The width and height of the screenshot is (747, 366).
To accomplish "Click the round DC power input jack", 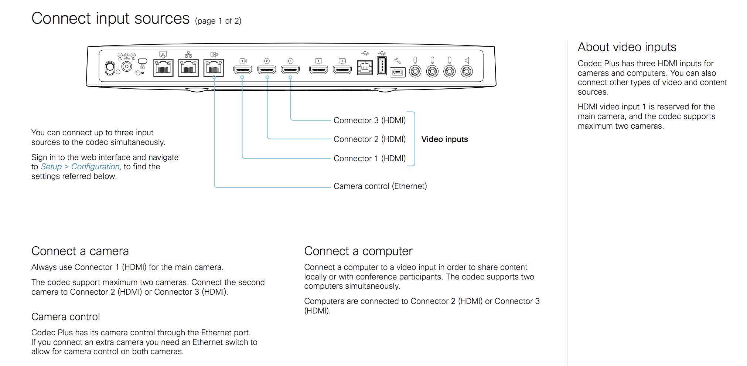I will point(127,67).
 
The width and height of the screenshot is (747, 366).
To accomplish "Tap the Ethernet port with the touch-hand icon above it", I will point(163,68).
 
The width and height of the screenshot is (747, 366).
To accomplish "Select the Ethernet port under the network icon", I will point(188,68).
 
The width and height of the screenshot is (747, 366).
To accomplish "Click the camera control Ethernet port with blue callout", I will point(214,68).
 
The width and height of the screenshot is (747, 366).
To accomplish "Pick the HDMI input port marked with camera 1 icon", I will point(243,70).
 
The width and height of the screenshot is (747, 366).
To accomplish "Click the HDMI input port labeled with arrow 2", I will point(267,70).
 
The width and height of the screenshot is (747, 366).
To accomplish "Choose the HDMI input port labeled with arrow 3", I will point(290,70).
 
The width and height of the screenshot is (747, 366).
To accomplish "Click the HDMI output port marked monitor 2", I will point(342,70).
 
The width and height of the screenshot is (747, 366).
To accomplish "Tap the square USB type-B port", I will point(365,68).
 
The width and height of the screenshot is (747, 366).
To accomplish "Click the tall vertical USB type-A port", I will point(382,66).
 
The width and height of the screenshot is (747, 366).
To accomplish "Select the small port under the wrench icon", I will point(398,72).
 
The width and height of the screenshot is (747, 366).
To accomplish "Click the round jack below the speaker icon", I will point(467,71).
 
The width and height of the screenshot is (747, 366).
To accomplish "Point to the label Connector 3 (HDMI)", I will point(369,121).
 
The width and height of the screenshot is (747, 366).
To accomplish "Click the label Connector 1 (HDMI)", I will point(369,159).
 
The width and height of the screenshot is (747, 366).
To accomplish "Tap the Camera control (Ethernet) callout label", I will point(380,186).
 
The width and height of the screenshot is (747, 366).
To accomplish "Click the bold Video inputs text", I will point(444,139).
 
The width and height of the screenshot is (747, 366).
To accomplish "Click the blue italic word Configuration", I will point(95,167).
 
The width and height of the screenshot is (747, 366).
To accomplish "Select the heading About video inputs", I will point(627,47).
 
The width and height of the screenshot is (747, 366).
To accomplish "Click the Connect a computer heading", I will point(358,251).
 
